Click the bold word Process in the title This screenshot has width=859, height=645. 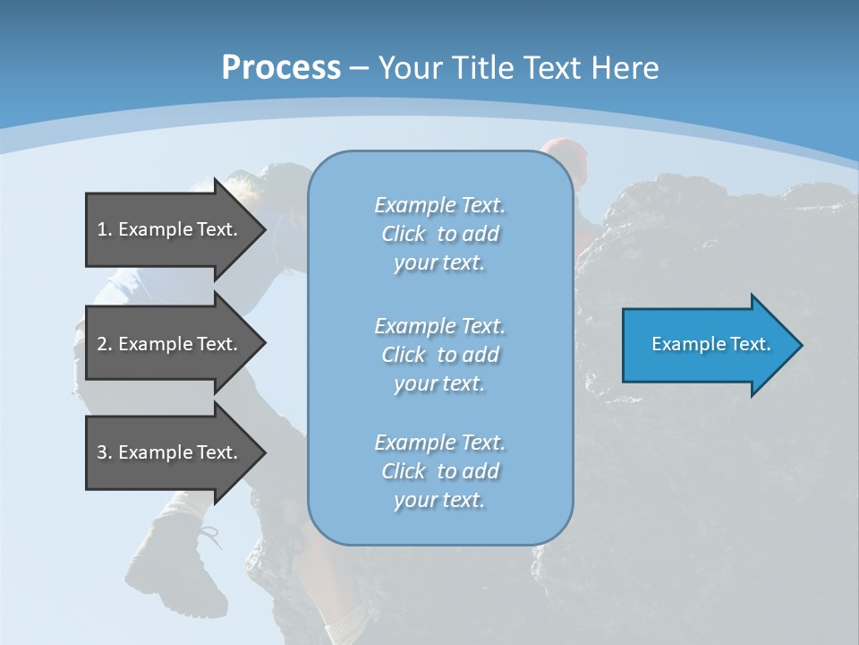(x=281, y=68)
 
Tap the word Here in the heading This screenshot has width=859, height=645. (x=625, y=68)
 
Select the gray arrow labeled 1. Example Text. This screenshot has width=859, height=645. (x=170, y=229)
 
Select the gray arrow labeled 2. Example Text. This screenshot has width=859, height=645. (x=170, y=344)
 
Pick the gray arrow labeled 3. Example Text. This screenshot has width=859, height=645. (x=170, y=452)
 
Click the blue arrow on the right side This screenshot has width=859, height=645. (x=707, y=345)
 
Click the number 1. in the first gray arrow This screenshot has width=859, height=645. (x=105, y=229)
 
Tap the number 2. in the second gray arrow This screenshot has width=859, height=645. (x=105, y=344)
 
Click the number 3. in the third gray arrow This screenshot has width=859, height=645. (x=105, y=452)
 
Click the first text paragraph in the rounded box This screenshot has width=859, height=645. (x=440, y=234)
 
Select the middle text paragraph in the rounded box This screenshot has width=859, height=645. (x=440, y=355)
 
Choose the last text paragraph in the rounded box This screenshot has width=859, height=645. (x=440, y=471)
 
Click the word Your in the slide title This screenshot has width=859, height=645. (x=408, y=68)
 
